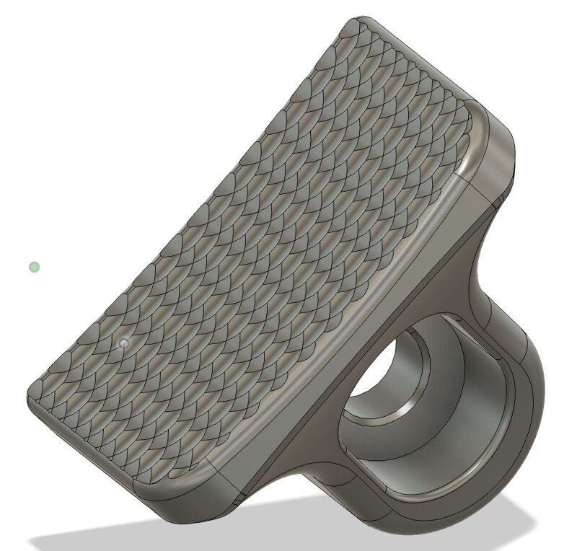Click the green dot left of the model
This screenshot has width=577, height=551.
click(34, 268)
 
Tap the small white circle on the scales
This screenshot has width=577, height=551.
click(124, 343)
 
